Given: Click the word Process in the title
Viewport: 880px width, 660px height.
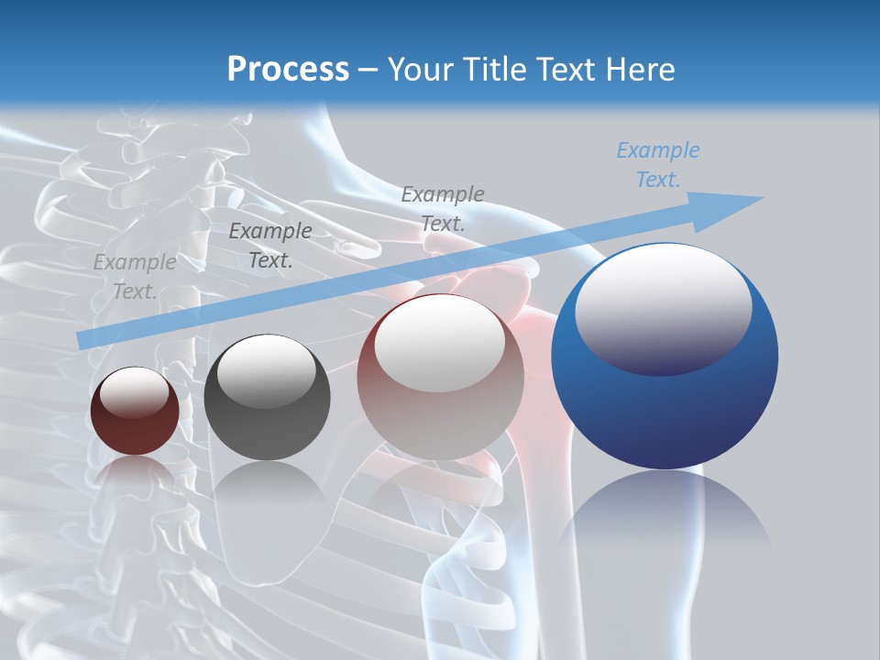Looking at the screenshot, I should pyautogui.click(x=288, y=69).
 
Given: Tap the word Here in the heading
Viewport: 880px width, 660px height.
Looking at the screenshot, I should pyautogui.click(x=639, y=69).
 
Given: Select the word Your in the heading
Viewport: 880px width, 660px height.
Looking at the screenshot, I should pyautogui.click(x=421, y=69).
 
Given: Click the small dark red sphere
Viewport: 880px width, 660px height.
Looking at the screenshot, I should pyautogui.click(x=135, y=412).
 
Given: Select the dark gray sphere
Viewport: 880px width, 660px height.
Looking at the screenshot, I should pyautogui.click(x=267, y=398).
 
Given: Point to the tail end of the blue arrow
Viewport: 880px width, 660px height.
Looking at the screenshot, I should pyautogui.click(x=84, y=338).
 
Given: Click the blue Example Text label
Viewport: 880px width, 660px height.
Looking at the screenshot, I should pyautogui.click(x=657, y=165).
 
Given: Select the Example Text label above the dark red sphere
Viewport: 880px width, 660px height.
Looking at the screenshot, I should pyautogui.click(x=134, y=277).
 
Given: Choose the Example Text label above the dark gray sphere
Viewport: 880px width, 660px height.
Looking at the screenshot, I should pyautogui.click(x=269, y=246).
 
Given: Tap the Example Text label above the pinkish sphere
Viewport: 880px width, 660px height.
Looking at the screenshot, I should pyautogui.click(x=442, y=208).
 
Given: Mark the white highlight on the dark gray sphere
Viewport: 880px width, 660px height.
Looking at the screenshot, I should pyautogui.click(x=266, y=368).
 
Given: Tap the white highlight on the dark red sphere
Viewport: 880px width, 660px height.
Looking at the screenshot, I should pyautogui.click(x=134, y=391).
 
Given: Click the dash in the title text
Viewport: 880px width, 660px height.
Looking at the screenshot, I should pyautogui.click(x=368, y=69).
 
